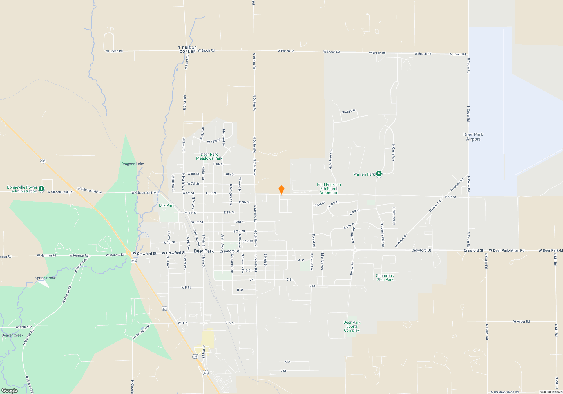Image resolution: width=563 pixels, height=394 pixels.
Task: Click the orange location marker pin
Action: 281,190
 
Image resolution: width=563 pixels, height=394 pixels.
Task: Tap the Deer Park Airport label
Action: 473,137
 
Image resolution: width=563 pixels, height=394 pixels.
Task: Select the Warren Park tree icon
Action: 379,174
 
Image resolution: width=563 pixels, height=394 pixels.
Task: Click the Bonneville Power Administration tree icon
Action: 41,189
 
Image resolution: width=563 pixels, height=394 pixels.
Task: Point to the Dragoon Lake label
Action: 133,164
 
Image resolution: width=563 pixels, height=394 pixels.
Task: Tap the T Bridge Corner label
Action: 187,50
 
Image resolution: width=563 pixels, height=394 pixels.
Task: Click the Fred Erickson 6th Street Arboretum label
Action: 329,189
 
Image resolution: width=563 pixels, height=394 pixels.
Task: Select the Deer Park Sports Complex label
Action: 352,326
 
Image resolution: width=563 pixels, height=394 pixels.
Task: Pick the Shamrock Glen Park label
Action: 385,277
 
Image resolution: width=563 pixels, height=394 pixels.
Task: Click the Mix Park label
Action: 167,205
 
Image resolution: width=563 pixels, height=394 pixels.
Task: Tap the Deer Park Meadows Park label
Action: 209,156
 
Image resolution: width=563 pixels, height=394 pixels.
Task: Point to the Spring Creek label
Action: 45,278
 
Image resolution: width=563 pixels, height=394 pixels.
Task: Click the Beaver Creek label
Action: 12,335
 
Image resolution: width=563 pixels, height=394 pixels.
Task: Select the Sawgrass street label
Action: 349,111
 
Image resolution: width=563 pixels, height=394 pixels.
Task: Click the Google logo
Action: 10,391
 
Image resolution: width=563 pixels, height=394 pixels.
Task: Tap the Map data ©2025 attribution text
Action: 551,392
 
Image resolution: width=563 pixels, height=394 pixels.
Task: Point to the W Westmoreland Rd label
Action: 504,392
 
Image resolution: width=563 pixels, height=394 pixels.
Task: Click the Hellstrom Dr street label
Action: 394,216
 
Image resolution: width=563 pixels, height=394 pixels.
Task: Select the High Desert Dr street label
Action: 331,159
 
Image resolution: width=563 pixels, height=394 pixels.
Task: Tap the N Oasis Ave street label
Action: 393,153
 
